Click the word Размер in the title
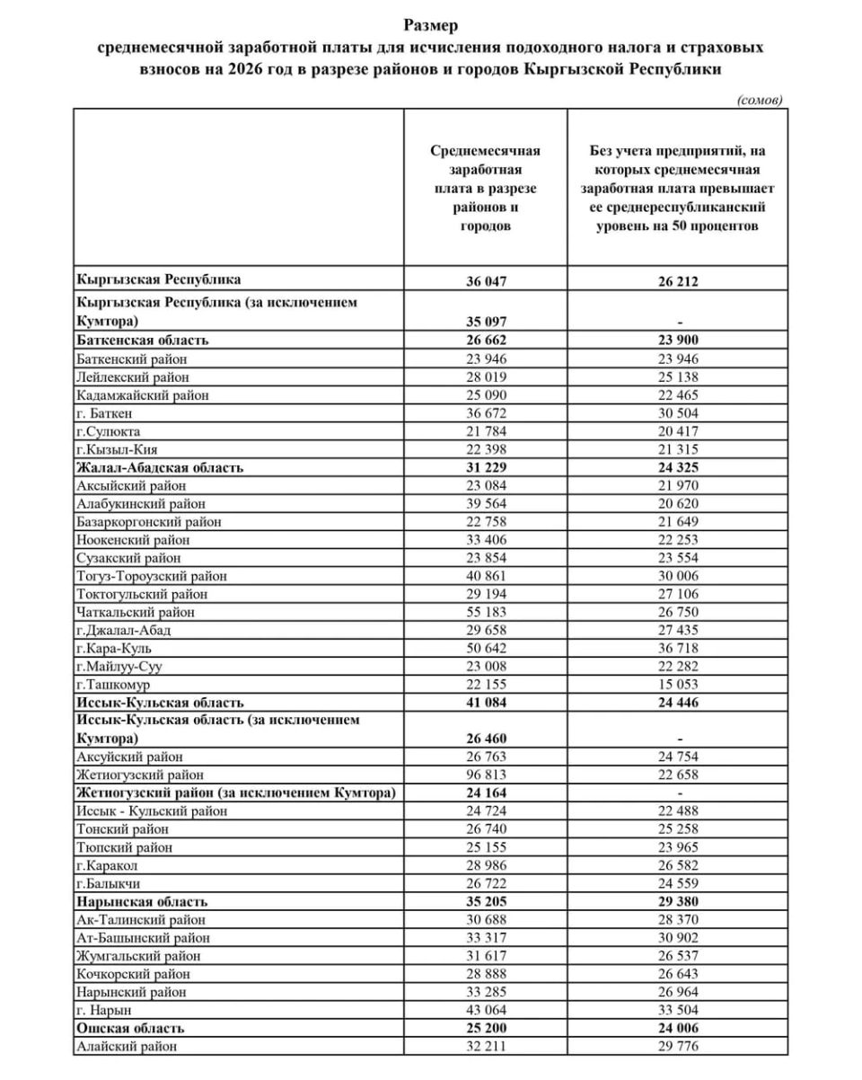pyautogui.click(x=431, y=26)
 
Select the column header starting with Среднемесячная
pyautogui.click(x=486, y=189)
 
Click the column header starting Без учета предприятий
pyautogui.click(x=678, y=189)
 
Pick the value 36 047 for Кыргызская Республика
pyautogui.click(x=486, y=280)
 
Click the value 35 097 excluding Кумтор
pyautogui.click(x=486, y=320)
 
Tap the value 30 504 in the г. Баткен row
pyautogui.click(x=678, y=413)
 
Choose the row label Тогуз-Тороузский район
pyautogui.click(x=152, y=576)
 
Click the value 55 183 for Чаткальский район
pyautogui.click(x=486, y=612)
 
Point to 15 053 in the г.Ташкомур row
pyautogui.click(x=678, y=685)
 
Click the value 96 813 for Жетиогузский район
pyautogui.click(x=486, y=775)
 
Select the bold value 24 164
pyautogui.click(x=486, y=792)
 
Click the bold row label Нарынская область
pyautogui.click(x=142, y=901)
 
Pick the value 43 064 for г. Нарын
pyautogui.click(x=486, y=1010)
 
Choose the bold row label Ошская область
pyautogui.click(x=131, y=1028)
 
